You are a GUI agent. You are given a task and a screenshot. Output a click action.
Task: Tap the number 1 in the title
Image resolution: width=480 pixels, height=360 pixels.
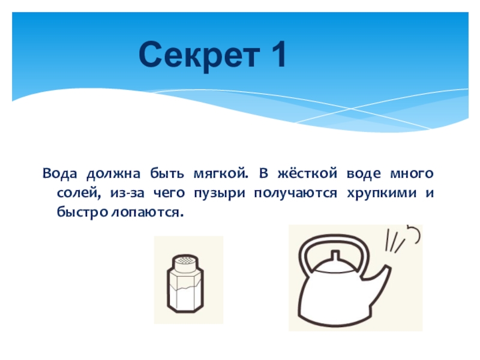(x=278, y=54)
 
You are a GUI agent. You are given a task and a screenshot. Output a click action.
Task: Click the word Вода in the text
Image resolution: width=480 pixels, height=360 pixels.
(x=59, y=173)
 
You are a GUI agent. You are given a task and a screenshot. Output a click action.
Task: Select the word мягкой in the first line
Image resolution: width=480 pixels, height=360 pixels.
(x=220, y=173)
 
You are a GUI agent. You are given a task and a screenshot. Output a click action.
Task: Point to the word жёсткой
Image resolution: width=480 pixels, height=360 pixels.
(x=307, y=173)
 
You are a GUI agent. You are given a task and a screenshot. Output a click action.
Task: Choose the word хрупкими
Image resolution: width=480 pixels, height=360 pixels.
(x=382, y=193)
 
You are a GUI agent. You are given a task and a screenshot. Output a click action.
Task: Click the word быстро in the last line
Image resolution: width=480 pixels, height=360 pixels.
(x=82, y=212)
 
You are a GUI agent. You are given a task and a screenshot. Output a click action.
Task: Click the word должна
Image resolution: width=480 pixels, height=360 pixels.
(x=113, y=174)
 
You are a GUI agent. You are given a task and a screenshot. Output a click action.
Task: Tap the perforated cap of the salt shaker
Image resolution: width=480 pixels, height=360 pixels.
(x=185, y=263)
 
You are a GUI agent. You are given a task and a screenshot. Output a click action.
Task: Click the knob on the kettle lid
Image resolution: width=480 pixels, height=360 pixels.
(x=335, y=256)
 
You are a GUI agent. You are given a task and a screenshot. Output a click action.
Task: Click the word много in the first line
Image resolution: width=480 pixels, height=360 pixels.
(x=412, y=173)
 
